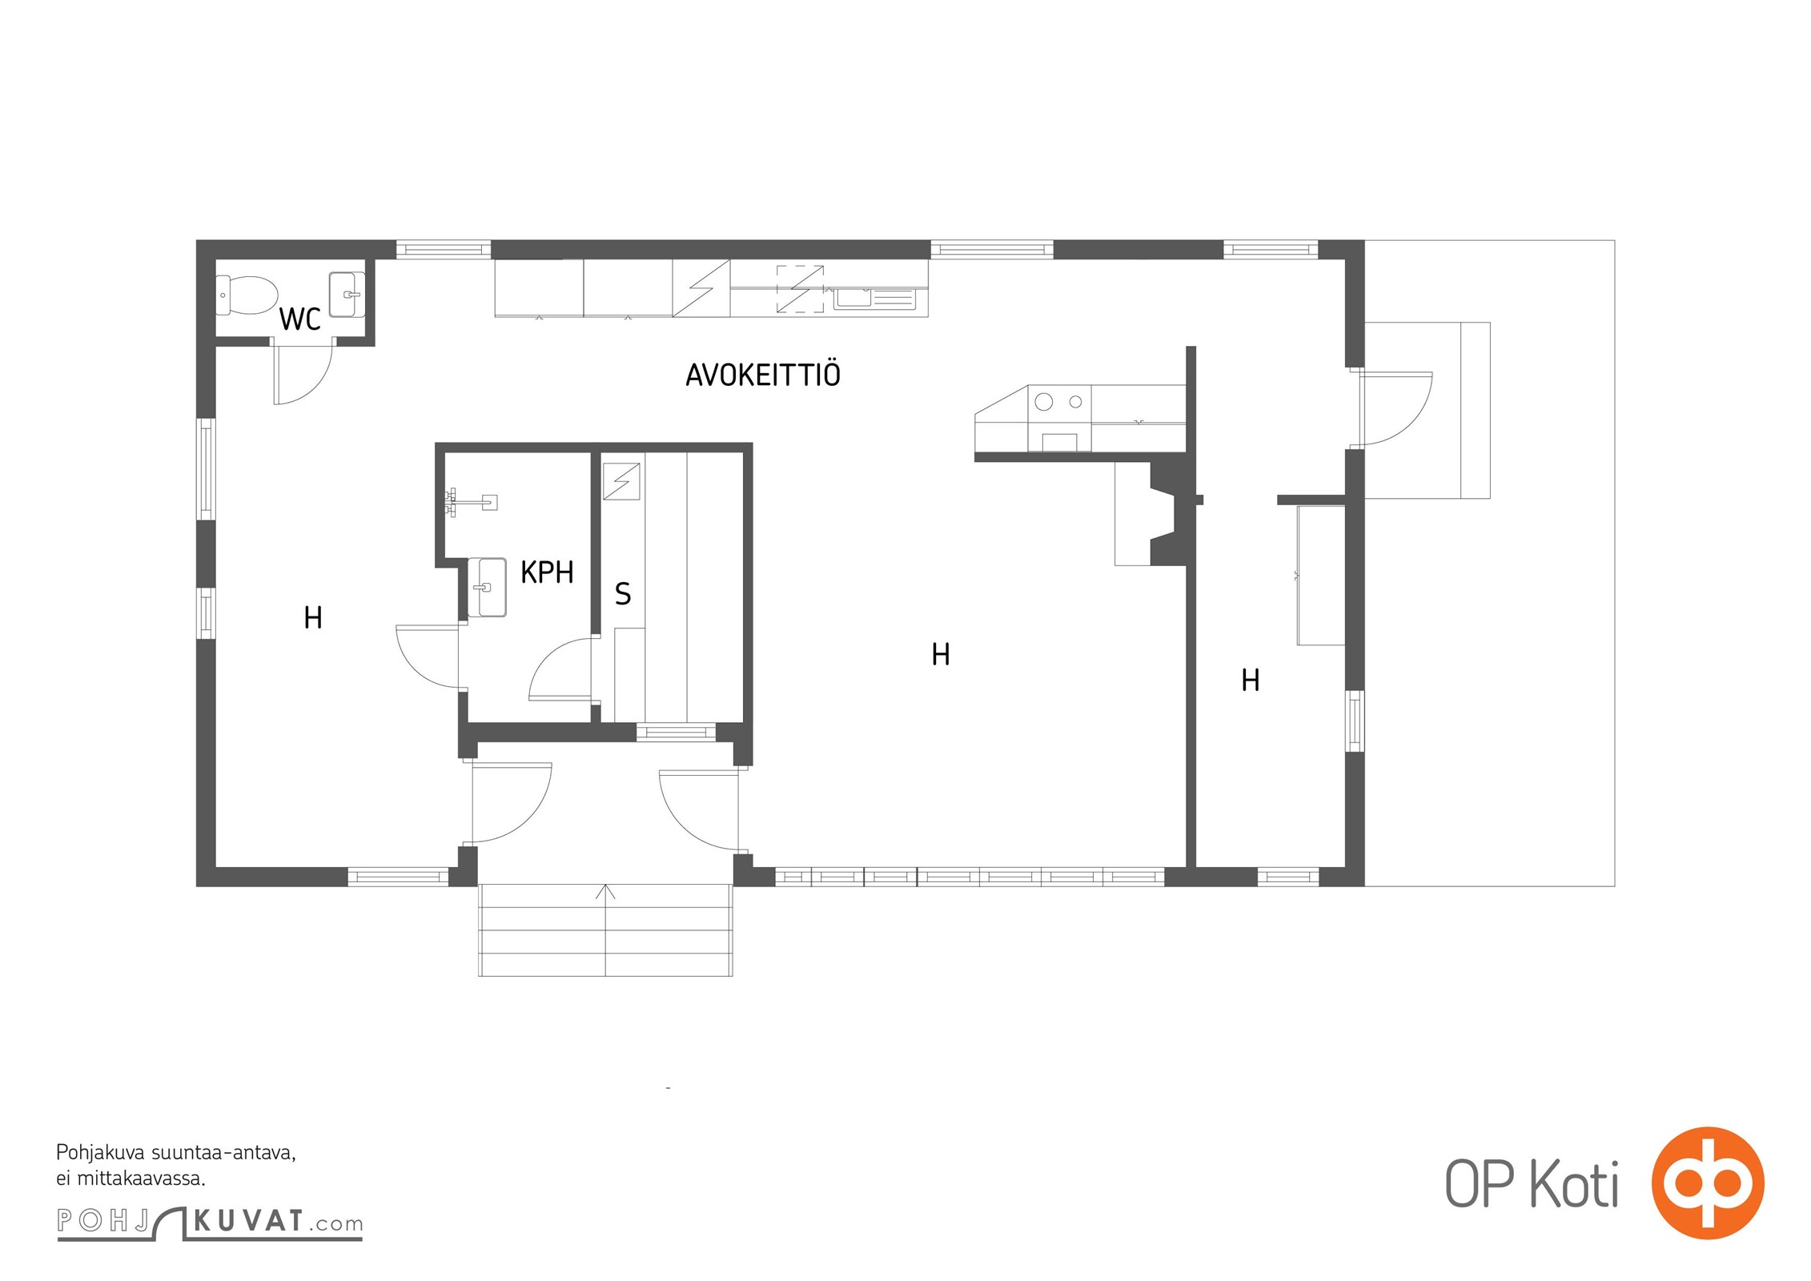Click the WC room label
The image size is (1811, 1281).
pyautogui.click(x=299, y=319)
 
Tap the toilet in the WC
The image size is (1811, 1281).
pyautogui.click(x=247, y=295)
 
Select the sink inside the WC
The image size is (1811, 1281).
pyautogui.click(x=347, y=295)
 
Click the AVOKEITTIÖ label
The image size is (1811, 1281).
pyautogui.click(x=763, y=375)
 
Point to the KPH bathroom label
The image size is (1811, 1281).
pyautogui.click(x=547, y=572)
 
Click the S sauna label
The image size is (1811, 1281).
pyautogui.click(x=623, y=593)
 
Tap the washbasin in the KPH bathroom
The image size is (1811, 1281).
pyautogui.click(x=487, y=587)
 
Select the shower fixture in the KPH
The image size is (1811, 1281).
pyautogui.click(x=471, y=502)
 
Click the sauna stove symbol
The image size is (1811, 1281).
pyautogui.click(x=621, y=481)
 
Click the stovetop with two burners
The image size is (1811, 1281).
pyautogui.click(x=1059, y=402)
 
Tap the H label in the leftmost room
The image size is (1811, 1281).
pyautogui.click(x=313, y=618)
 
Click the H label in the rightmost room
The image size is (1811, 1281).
pyautogui.click(x=1250, y=681)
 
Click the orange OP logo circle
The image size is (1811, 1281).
pyautogui.click(x=1708, y=1183)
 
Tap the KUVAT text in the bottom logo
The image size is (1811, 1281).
pyautogui.click(x=249, y=1221)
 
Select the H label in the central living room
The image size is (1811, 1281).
pyautogui.click(x=941, y=655)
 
